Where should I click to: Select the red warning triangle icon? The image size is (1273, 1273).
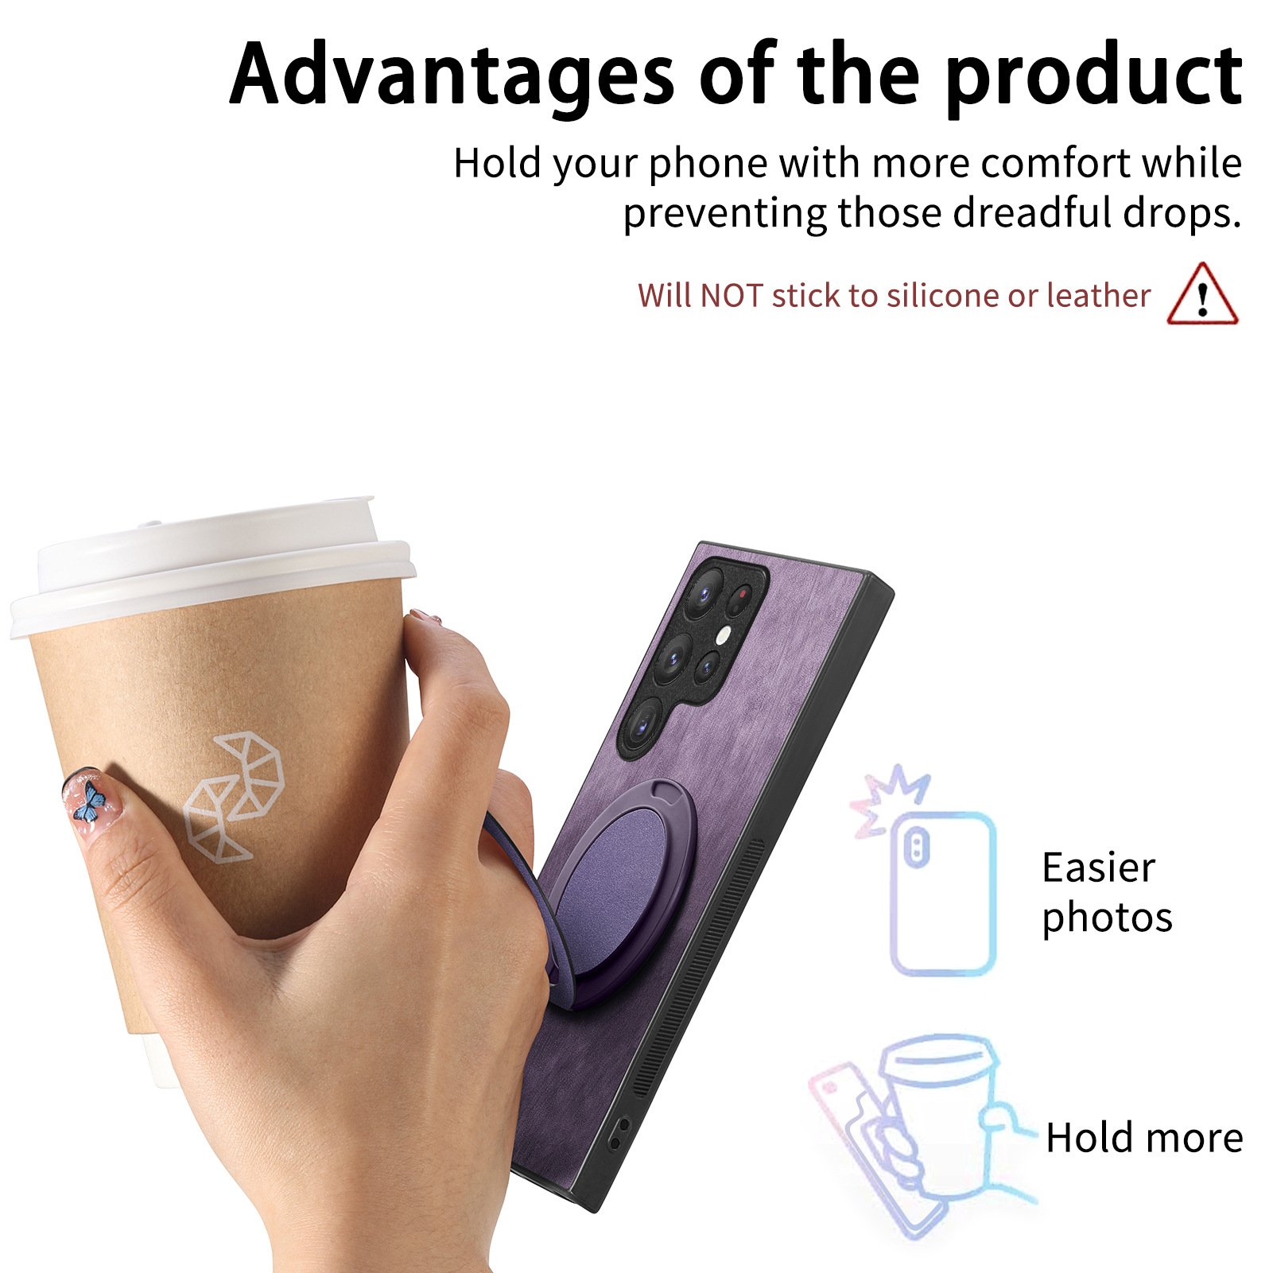tap(1202, 293)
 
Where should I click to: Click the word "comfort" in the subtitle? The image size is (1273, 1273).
tap(1055, 163)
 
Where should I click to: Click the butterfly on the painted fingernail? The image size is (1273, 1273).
tap(90, 801)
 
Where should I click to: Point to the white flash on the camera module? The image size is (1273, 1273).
tap(723, 634)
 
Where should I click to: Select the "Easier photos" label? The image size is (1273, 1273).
tap(1107, 893)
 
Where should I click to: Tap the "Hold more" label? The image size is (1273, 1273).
tap(1144, 1137)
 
